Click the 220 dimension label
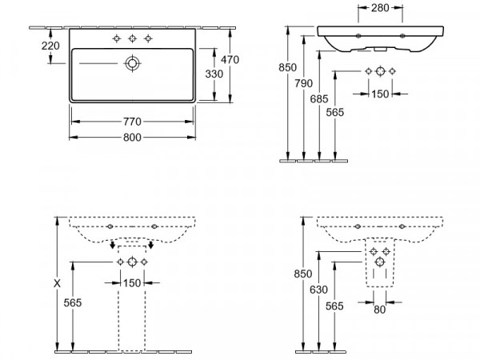50,46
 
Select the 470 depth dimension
230,60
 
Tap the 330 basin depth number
214,74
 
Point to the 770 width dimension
132,122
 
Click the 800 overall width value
132,138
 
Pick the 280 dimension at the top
380,8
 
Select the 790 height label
304,83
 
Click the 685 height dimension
319,99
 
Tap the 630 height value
318,290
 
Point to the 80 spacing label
379,310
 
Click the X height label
58,284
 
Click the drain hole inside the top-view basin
132,63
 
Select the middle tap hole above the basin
132,38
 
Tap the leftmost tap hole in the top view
116,38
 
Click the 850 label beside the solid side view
288,67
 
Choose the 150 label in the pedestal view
132,283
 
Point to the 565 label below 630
334,306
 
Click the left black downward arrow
113,245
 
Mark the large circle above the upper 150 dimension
380,71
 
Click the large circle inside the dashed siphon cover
380,262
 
